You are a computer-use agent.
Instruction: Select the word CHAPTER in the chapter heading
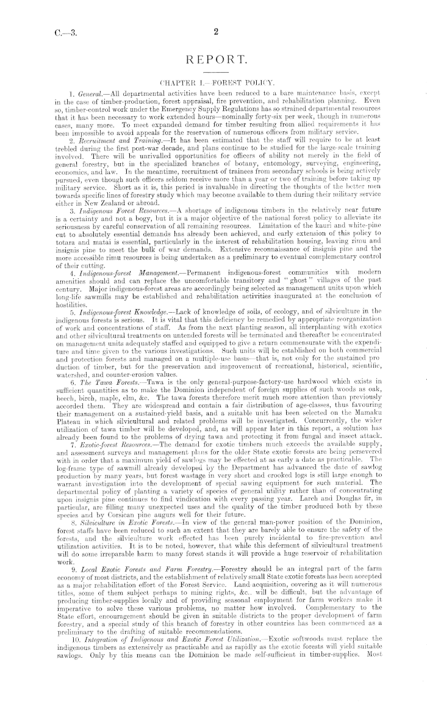click(176, 81)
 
